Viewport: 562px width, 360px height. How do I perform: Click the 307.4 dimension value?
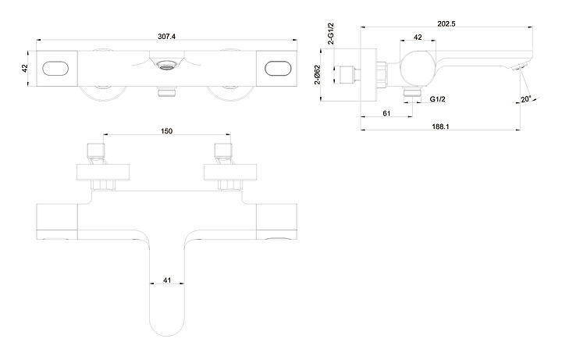pyautogui.click(x=167, y=36)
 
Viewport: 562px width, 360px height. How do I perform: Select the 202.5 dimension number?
pyautogui.click(x=446, y=23)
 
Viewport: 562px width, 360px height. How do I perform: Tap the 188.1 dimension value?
pyautogui.click(x=440, y=127)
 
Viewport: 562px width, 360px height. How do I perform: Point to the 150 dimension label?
pyautogui.click(x=166, y=131)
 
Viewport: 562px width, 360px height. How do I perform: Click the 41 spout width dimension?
pyautogui.click(x=167, y=280)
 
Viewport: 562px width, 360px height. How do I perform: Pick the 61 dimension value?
pyautogui.click(x=386, y=113)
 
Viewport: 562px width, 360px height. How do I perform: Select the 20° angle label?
pyautogui.click(x=526, y=99)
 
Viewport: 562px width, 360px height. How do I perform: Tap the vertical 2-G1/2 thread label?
pyautogui.click(x=331, y=34)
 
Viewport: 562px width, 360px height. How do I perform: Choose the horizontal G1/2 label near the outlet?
pyautogui.click(x=437, y=99)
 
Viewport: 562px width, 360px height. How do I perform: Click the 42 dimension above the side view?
pyautogui.click(x=418, y=37)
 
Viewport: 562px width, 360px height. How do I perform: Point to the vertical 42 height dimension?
pyautogui.click(x=24, y=68)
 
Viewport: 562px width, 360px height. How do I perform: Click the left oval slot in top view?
pyautogui.click(x=55, y=69)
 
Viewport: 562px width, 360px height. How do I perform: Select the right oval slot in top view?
pyautogui.click(x=279, y=69)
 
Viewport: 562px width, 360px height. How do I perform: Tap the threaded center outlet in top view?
pyautogui.click(x=167, y=65)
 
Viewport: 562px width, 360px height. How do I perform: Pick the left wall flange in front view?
pyautogui.click(x=103, y=172)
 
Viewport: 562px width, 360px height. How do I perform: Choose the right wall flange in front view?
pyautogui.click(x=230, y=172)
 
